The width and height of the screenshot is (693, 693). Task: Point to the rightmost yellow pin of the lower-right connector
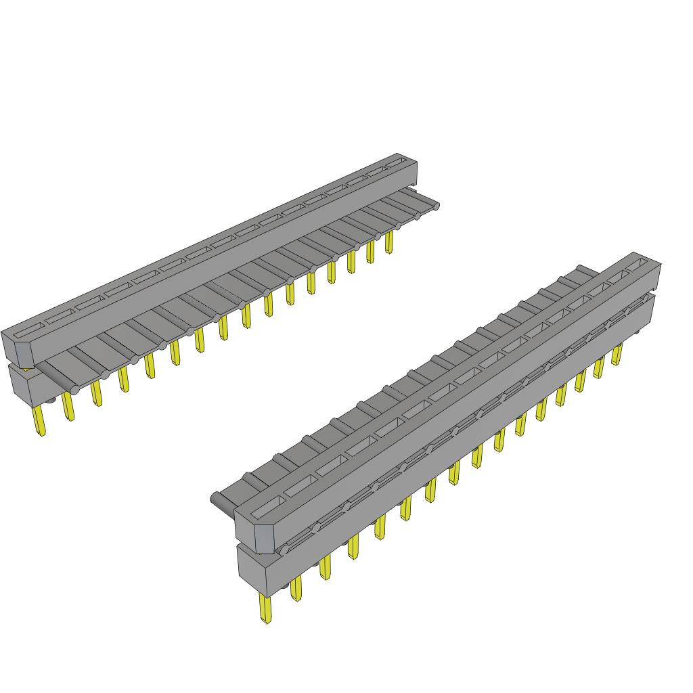(x=617, y=354)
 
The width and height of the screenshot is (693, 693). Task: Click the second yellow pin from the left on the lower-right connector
(x=296, y=588)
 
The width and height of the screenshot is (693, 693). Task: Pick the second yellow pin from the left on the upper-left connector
(x=68, y=406)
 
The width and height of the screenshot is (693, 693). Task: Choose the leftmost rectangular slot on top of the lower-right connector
(x=269, y=504)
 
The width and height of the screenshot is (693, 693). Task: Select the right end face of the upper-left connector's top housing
(x=413, y=173)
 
